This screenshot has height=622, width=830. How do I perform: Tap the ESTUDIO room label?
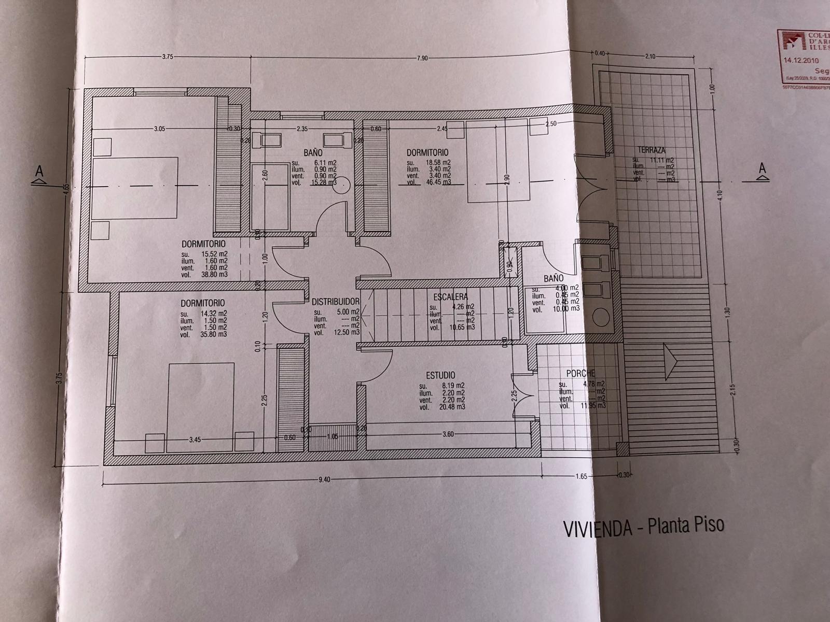pyautogui.click(x=440, y=375)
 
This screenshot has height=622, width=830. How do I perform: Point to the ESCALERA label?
pyautogui.click(x=450, y=297)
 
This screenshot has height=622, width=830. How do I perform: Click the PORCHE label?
pyautogui.click(x=580, y=373)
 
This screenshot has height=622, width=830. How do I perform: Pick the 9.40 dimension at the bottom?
pyautogui.click(x=324, y=479)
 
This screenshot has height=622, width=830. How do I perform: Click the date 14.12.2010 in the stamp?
pyautogui.click(x=801, y=60)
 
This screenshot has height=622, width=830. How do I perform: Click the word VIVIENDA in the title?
pyautogui.click(x=597, y=529)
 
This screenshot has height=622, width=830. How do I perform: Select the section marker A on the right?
pyautogui.click(x=762, y=168)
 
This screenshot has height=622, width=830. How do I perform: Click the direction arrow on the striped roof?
pyautogui.click(x=670, y=357)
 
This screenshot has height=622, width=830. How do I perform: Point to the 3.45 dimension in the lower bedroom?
pyautogui.click(x=195, y=440)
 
